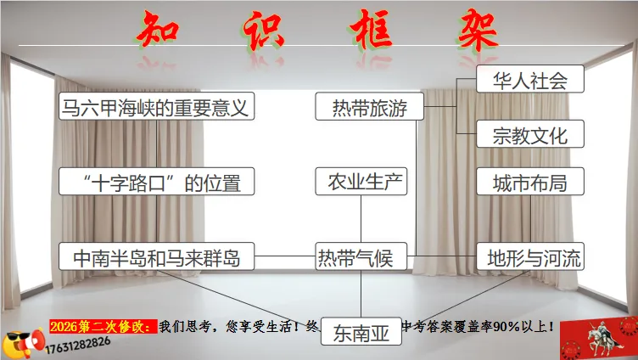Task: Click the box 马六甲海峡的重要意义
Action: click(x=157, y=108)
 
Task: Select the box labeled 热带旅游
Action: click(x=369, y=108)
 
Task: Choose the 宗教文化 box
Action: click(x=530, y=134)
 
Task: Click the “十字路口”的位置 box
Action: click(x=157, y=182)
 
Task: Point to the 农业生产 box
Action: click(x=361, y=182)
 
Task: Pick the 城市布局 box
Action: click(x=530, y=182)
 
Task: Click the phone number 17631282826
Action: click(x=79, y=341)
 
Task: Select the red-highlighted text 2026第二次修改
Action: click(x=102, y=325)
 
